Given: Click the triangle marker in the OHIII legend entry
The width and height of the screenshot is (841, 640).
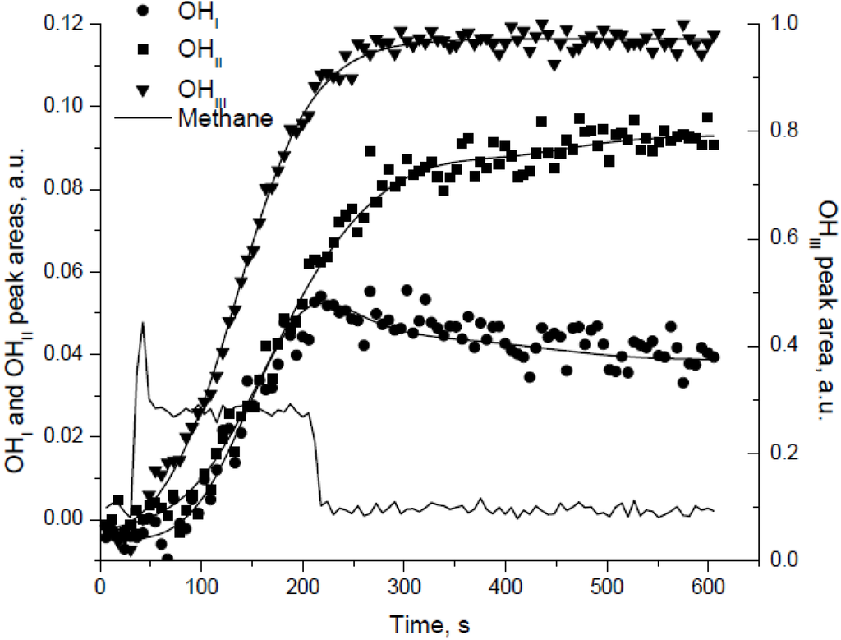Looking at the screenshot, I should click(x=145, y=87).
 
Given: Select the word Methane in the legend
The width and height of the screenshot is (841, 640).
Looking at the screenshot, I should click(x=224, y=117).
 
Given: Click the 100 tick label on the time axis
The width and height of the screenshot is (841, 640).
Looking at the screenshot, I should click(x=201, y=589).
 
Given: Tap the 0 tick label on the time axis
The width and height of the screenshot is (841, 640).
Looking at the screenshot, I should click(x=100, y=589).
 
